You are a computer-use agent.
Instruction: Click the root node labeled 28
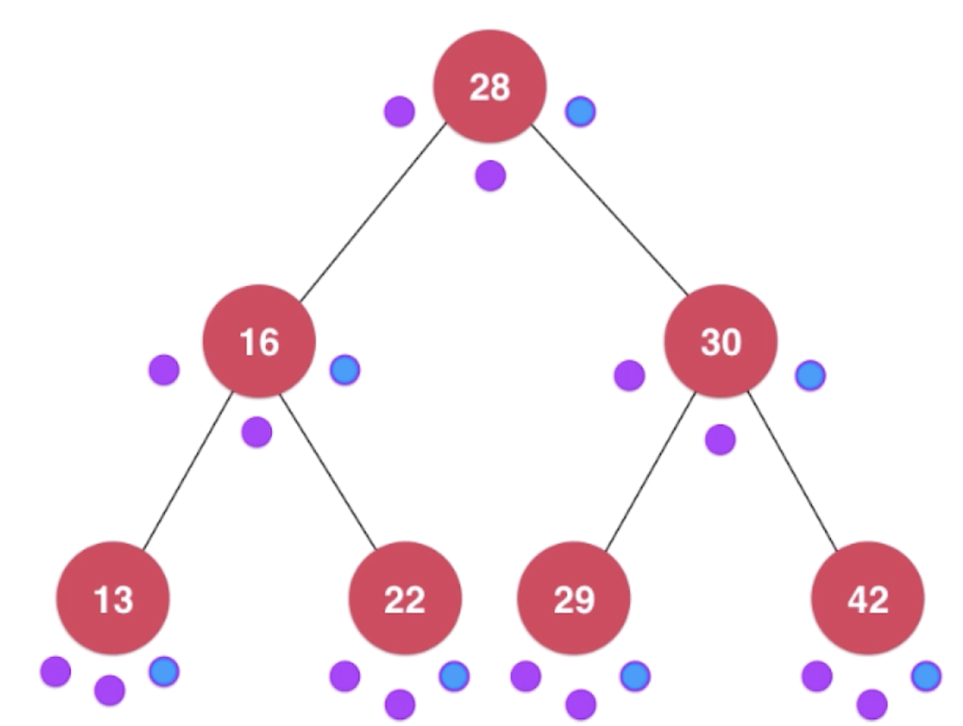[489, 86]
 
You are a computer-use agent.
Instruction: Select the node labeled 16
[259, 340]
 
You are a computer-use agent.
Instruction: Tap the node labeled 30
[720, 340]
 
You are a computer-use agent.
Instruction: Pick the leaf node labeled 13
[113, 598]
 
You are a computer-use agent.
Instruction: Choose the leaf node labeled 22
[405, 598]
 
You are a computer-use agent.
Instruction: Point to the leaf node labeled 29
[573, 598]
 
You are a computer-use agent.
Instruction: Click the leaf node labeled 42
[867, 598]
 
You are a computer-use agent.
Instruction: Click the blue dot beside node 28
[580, 111]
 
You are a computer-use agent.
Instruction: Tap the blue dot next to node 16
[345, 369]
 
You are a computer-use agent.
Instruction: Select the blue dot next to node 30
[810, 375]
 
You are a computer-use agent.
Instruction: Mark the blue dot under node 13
[164, 671]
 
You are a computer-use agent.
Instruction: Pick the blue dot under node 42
[926, 676]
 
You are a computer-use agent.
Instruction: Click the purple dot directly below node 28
[490, 175]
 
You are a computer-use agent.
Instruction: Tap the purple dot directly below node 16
[257, 431]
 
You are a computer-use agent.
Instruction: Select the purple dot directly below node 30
[720, 440]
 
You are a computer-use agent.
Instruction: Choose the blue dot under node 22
[454, 676]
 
